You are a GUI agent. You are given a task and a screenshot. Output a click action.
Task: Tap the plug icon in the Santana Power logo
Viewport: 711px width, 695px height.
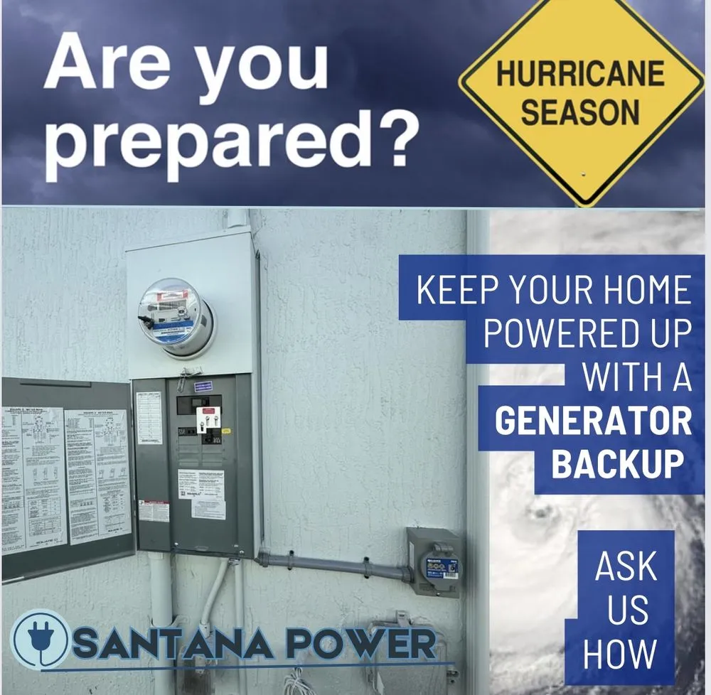42,639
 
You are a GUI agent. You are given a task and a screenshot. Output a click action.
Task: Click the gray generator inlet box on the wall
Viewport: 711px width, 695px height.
434,561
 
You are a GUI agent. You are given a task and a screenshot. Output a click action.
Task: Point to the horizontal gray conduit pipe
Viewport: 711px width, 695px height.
334,564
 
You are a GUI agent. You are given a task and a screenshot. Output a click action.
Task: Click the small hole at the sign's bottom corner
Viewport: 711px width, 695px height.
583,174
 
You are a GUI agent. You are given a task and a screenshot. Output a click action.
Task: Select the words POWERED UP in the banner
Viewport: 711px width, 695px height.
587,334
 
